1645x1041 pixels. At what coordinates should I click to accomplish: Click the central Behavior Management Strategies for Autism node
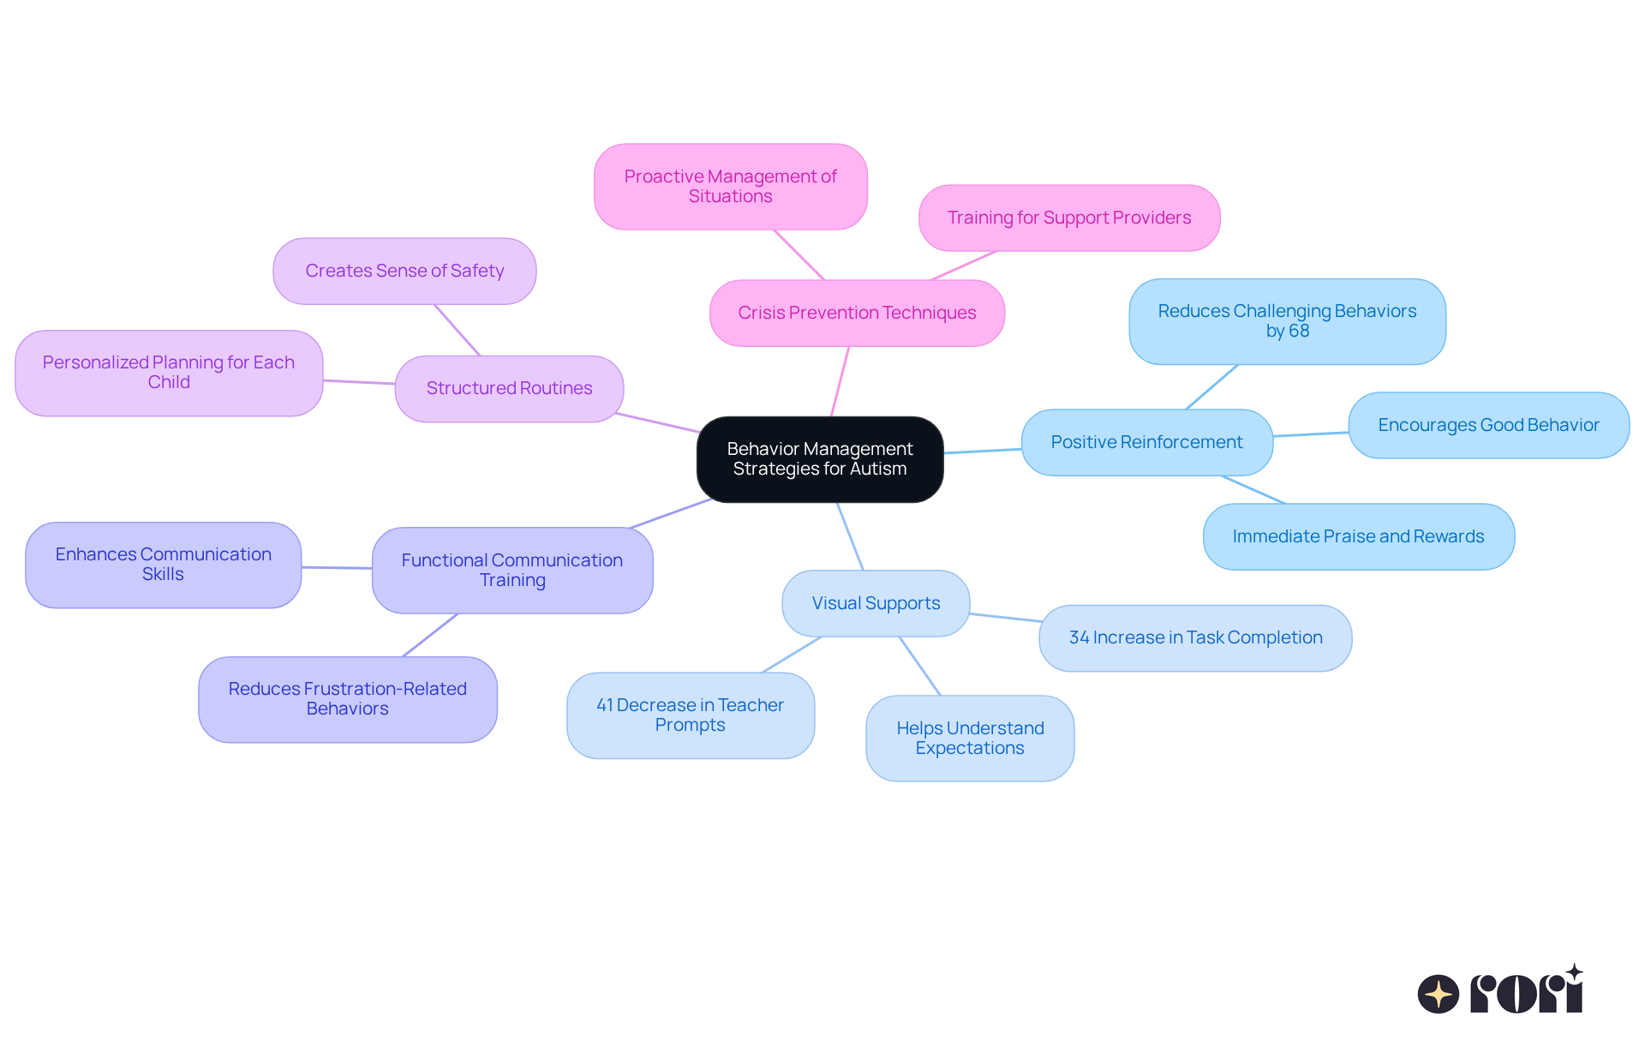820,459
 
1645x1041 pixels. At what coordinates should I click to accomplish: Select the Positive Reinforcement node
1146,442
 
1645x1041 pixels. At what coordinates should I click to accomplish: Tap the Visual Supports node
876,603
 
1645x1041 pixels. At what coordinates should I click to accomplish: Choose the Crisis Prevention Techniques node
857,313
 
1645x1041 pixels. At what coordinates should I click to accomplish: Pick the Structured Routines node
509,388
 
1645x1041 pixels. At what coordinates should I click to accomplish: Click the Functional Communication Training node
512,570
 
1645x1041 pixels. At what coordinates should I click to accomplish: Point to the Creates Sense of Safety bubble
404,271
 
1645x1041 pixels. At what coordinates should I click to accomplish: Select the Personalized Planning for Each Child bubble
169,373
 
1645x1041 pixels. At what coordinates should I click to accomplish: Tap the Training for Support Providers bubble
1068,218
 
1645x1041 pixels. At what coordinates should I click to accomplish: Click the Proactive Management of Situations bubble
730,187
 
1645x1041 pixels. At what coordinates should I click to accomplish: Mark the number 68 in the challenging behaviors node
1300,332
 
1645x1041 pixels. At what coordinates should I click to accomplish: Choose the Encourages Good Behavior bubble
1488,425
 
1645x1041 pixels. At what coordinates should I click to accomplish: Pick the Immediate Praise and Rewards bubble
1358,536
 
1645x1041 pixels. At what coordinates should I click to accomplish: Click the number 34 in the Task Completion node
1079,637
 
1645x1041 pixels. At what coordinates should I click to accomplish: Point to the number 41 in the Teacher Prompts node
604,705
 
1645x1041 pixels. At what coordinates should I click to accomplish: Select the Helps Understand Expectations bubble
970,738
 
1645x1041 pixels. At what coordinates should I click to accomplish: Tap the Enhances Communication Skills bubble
163,565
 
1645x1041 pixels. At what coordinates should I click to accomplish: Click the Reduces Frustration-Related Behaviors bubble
347,699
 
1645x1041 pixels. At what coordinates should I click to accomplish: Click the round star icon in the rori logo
1438,994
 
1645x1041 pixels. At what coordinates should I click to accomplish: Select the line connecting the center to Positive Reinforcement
983,451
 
